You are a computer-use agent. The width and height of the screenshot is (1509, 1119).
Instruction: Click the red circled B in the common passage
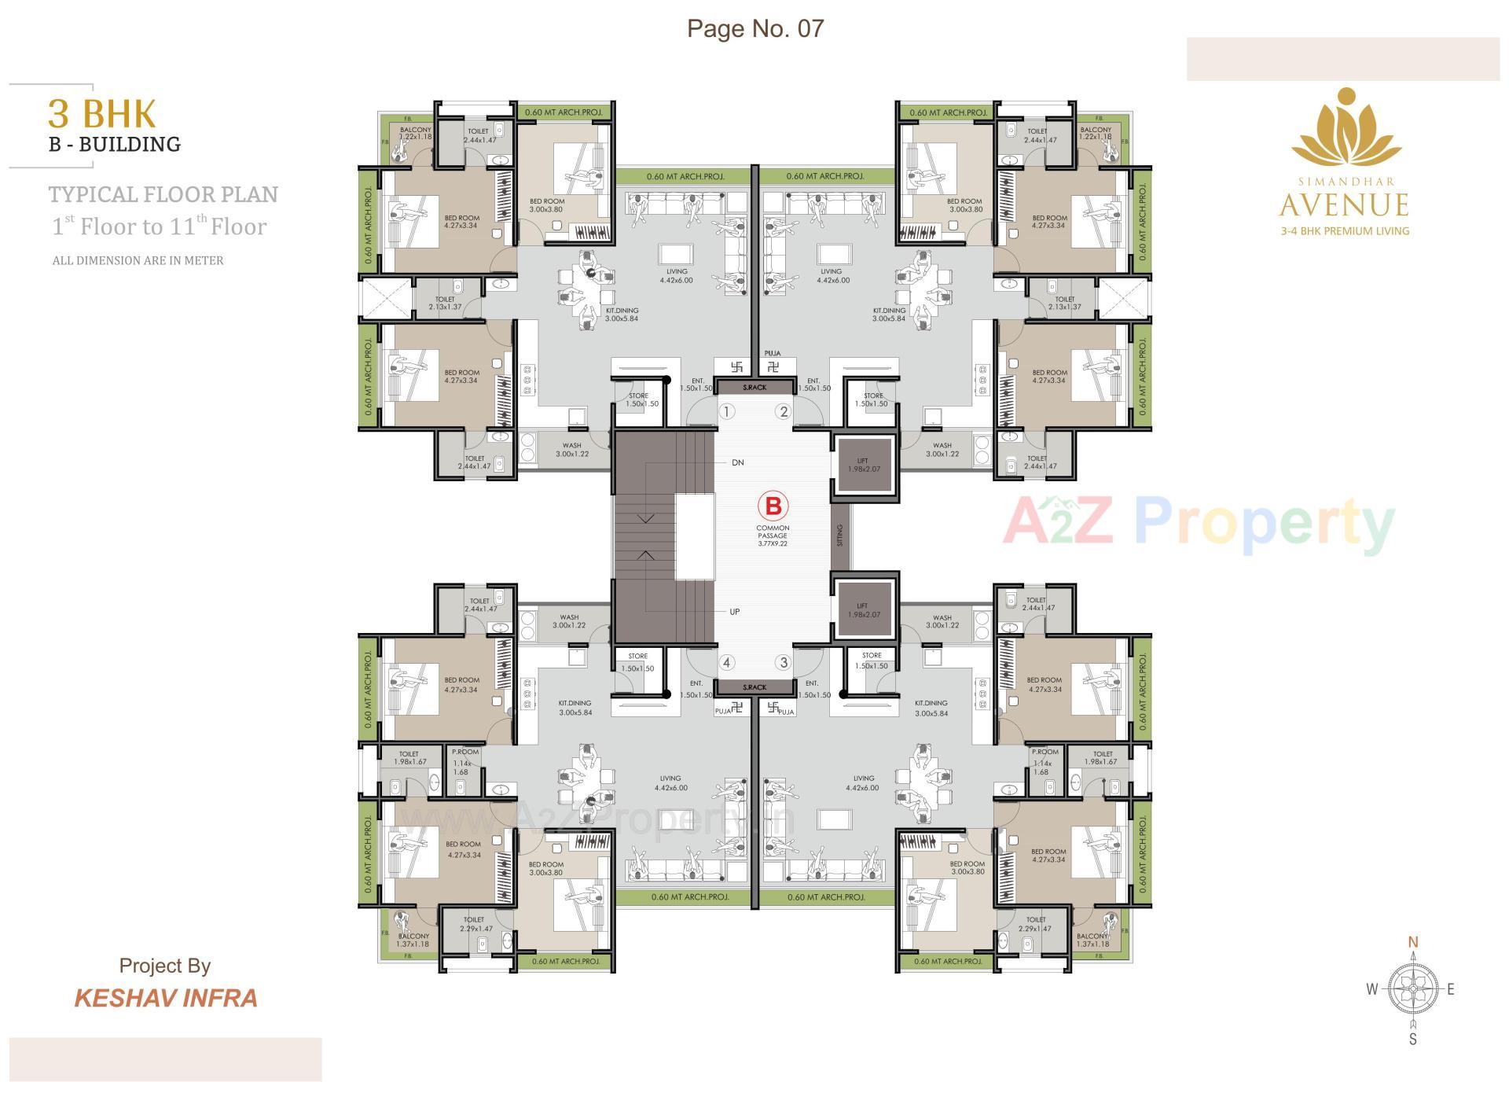(x=772, y=506)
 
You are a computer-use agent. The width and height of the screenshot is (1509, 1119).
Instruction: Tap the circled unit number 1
(x=728, y=411)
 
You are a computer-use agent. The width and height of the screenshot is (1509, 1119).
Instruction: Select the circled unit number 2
(x=783, y=411)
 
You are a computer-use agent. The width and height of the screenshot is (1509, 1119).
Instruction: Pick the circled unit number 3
(x=783, y=662)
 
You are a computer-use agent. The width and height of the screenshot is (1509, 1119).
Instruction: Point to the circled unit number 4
(x=727, y=662)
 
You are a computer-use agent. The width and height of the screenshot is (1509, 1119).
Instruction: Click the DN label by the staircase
(x=737, y=462)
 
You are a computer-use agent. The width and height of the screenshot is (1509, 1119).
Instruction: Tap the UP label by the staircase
(x=735, y=611)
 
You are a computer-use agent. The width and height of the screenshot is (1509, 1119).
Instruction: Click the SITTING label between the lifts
(x=840, y=536)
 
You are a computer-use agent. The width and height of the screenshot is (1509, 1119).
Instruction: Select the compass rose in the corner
(x=1412, y=989)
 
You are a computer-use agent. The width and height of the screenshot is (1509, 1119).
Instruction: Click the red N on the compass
(x=1412, y=942)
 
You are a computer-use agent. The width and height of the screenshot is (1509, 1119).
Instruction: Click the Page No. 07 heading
(x=755, y=28)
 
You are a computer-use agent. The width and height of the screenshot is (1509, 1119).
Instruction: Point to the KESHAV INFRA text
(x=166, y=998)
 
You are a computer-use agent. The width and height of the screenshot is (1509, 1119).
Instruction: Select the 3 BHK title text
(x=102, y=114)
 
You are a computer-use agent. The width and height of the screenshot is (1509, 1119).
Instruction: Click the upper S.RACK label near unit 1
(x=754, y=388)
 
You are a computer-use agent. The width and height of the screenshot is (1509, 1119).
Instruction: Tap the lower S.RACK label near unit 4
(x=754, y=687)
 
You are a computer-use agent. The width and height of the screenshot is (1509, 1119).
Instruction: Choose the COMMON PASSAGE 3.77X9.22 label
(x=772, y=535)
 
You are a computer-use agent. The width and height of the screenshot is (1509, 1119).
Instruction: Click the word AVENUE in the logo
(x=1343, y=206)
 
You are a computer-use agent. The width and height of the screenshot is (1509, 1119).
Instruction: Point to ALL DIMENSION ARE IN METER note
(x=138, y=260)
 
